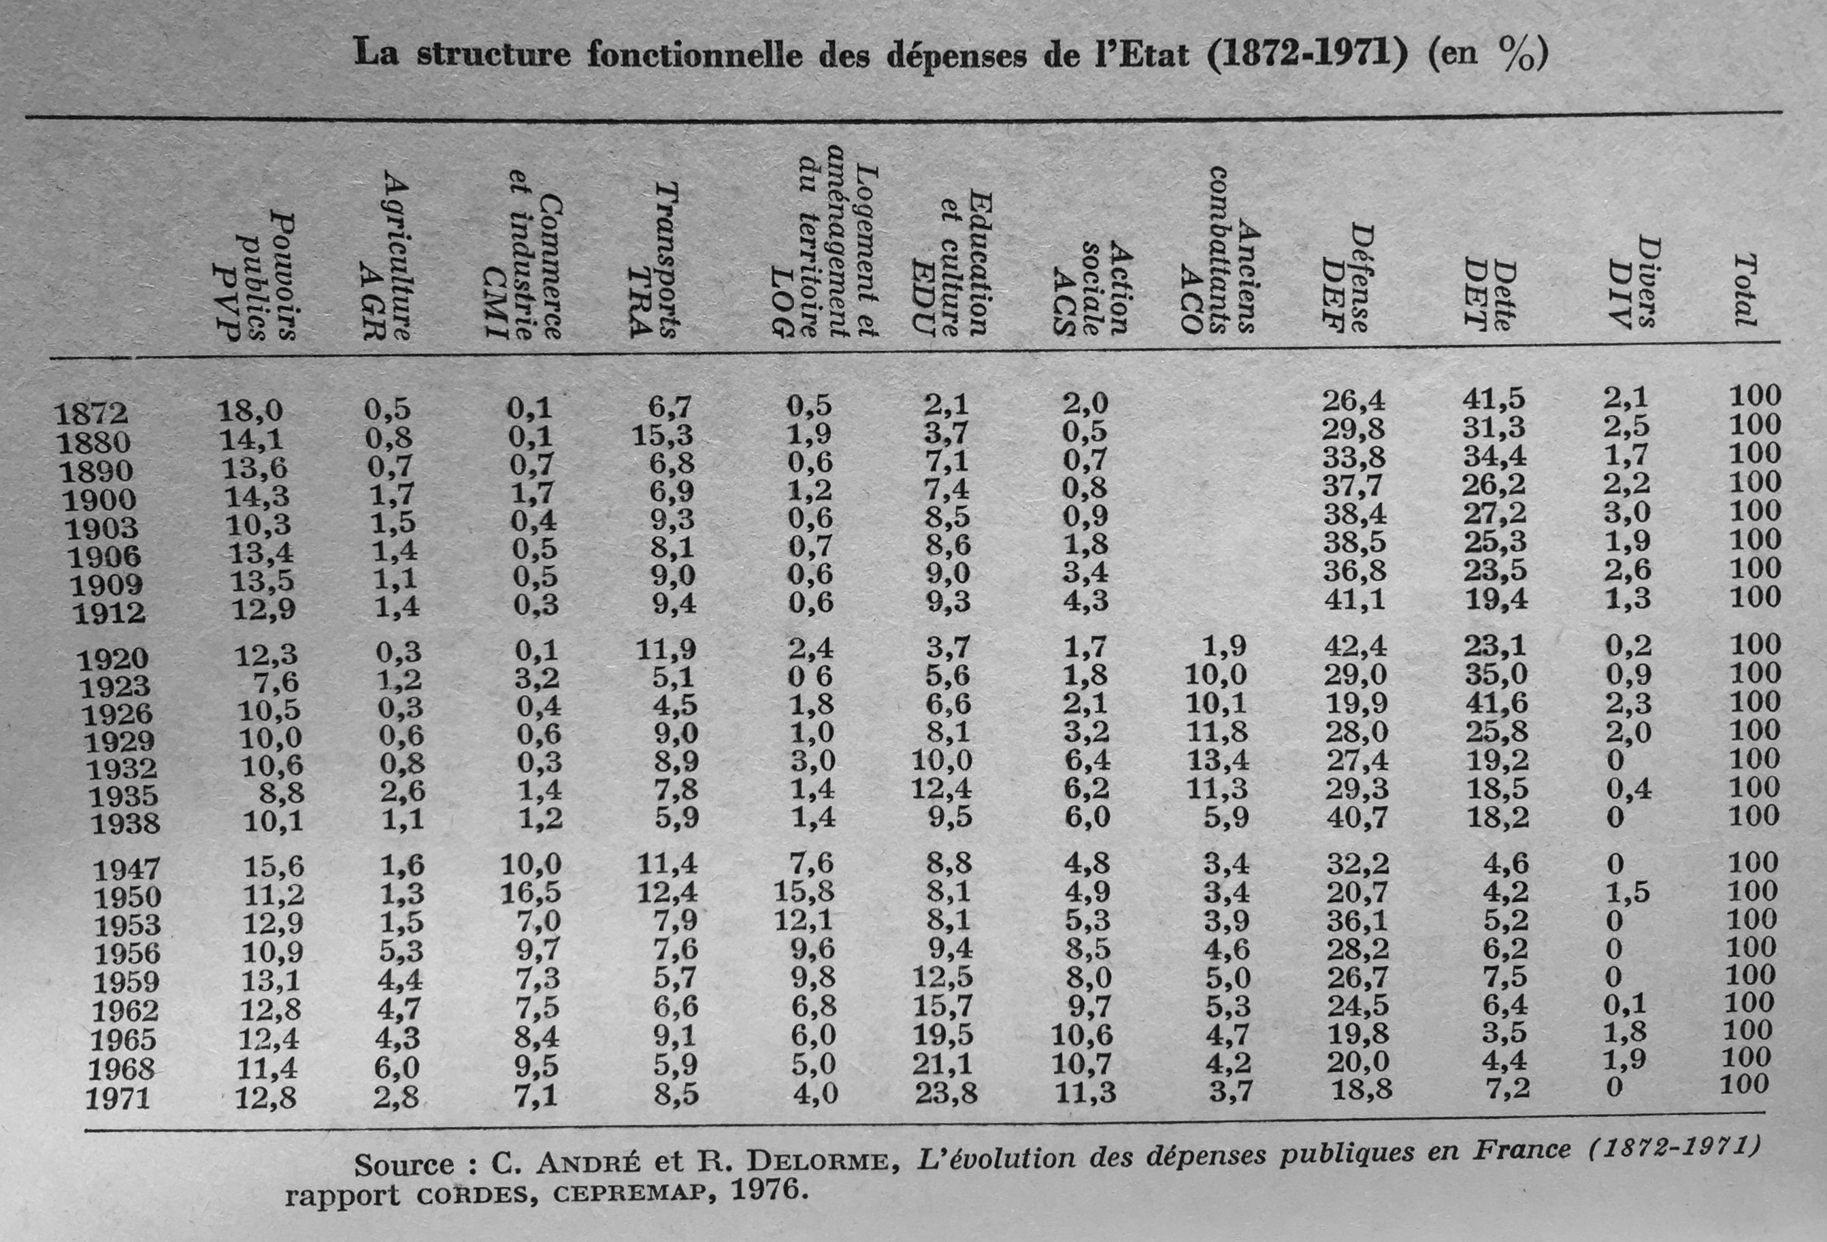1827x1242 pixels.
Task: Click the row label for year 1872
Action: [90, 414]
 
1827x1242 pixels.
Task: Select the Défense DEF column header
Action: [1347, 278]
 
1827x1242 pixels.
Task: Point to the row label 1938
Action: [126, 824]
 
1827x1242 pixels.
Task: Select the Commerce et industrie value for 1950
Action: [532, 892]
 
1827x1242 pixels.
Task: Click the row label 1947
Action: [127, 869]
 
